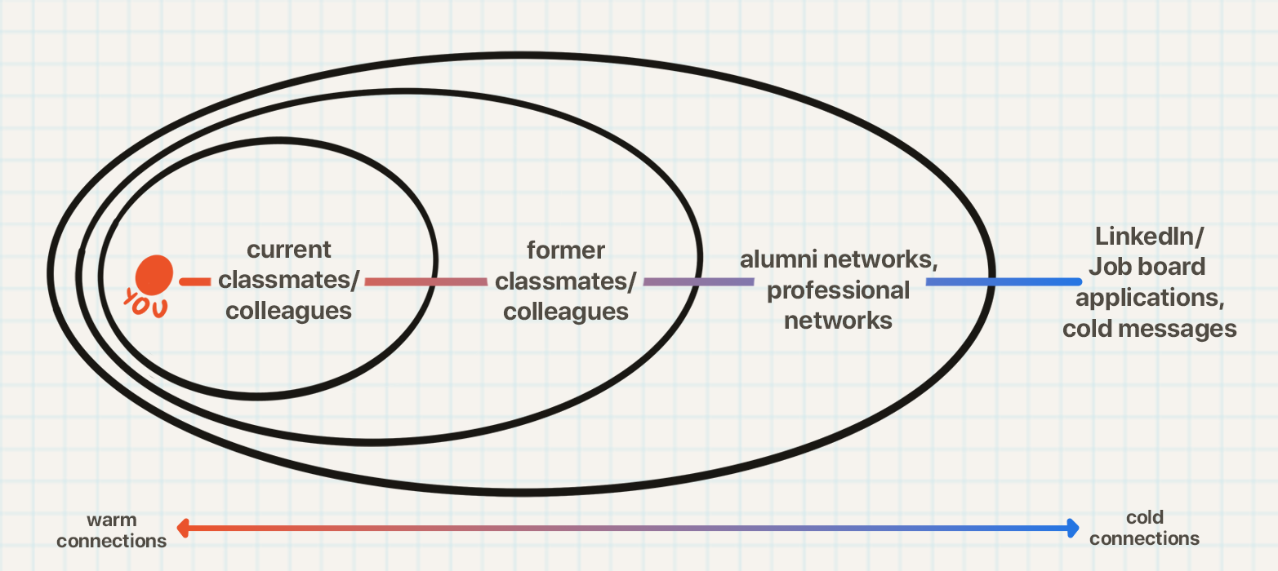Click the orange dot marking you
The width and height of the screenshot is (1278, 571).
pyautogui.click(x=154, y=274)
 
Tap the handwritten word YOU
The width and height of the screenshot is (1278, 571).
pyautogui.click(x=145, y=303)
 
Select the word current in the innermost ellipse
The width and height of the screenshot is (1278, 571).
pyautogui.click(x=289, y=249)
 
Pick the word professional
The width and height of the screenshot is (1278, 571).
pyautogui.click(x=839, y=290)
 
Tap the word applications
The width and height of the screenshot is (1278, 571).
pyautogui.click(x=1149, y=298)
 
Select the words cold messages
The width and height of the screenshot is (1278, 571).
pyautogui.click(x=1149, y=329)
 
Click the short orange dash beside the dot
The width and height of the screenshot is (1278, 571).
pyautogui.click(x=195, y=282)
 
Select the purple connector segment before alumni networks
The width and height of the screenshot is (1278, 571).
pyautogui.click(x=698, y=282)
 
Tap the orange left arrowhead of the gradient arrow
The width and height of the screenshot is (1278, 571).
pyautogui.click(x=184, y=529)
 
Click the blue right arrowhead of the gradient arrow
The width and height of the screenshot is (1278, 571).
pyautogui.click(x=1072, y=528)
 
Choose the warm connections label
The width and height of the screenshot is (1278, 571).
pyautogui.click(x=112, y=530)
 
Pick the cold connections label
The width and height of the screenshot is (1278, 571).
pyautogui.click(x=1144, y=528)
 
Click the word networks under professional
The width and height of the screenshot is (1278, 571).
pyautogui.click(x=839, y=321)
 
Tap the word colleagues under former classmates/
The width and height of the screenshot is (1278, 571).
pyautogui.click(x=566, y=312)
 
